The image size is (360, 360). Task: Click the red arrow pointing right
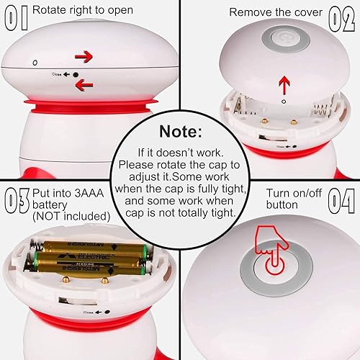(84, 55)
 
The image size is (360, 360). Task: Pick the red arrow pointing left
(84, 86)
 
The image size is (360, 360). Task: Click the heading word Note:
(180, 132)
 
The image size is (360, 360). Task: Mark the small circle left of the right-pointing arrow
(34, 63)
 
